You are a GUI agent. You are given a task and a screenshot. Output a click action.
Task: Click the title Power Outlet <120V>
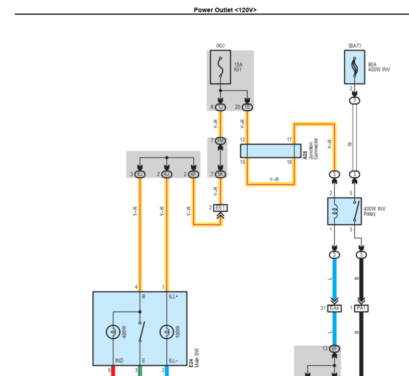tap(225, 10)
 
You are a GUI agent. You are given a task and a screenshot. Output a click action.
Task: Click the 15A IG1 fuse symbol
tap(220, 67)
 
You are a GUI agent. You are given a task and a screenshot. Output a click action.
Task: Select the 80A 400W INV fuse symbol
tap(355, 67)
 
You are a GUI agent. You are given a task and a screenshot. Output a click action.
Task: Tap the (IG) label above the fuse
tap(220, 46)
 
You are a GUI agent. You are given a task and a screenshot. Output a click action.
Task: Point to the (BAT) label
tap(354, 46)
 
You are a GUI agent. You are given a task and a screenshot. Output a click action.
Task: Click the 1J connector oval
tap(220, 107)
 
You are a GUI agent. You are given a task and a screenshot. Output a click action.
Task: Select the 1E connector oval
tap(247, 107)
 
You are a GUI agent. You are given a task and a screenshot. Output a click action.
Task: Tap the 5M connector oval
tap(220, 141)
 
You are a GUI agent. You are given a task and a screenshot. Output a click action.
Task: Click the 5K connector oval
tap(220, 174)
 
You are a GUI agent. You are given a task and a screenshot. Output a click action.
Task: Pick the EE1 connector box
tap(220, 208)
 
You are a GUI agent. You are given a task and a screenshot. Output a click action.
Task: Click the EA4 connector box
tap(334, 308)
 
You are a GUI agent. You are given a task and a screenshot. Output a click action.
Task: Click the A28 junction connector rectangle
tap(270, 151)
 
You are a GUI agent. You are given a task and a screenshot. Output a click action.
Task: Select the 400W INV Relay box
tap(344, 211)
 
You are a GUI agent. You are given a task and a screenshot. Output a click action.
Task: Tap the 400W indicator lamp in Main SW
tap(113, 332)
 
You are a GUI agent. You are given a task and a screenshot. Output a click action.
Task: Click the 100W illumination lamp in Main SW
tap(167, 332)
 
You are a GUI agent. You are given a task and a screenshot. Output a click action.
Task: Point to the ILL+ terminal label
tap(173, 297)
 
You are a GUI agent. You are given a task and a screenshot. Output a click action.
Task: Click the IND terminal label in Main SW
tap(119, 360)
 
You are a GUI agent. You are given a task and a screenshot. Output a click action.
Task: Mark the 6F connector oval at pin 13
tap(334, 348)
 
